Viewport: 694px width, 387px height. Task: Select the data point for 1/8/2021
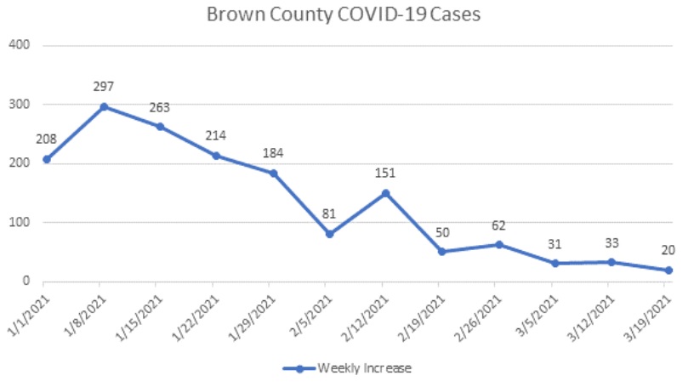click(104, 106)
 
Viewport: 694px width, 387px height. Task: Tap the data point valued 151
click(384, 193)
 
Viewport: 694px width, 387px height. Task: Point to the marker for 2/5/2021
click(328, 234)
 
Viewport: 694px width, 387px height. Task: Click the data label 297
click(104, 86)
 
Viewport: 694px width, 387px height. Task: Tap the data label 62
click(498, 225)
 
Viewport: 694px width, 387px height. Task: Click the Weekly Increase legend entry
click(348, 368)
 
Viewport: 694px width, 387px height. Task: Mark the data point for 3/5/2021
click(555, 264)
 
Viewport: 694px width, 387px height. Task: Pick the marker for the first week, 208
click(47, 159)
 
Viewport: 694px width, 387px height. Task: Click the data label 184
click(272, 154)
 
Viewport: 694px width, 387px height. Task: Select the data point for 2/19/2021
click(441, 252)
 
